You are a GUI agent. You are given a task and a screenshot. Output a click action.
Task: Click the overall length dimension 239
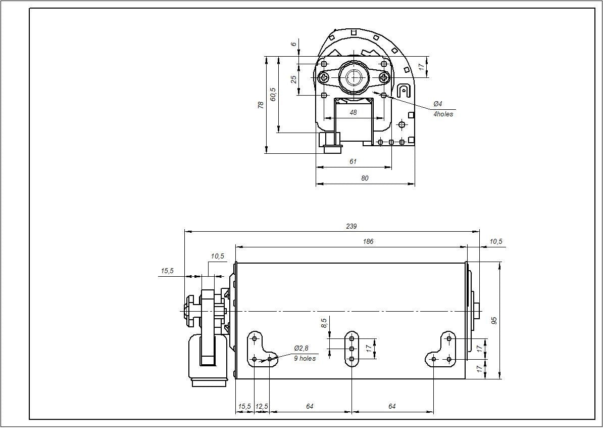pos(351,226)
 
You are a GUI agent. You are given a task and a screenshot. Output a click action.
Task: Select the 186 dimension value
pos(368,242)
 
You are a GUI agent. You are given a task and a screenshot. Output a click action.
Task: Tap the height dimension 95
pos(494,320)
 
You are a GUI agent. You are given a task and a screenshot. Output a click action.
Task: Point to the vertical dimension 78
pos(261,105)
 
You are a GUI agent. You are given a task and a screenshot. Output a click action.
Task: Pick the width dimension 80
pos(365,178)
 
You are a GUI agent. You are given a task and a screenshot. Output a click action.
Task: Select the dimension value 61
pos(353,162)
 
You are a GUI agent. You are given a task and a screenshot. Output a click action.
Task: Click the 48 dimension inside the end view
pos(353,113)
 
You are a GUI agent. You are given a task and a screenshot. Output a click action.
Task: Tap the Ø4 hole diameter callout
pos(437,104)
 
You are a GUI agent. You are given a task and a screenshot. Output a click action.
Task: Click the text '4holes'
pos(443,114)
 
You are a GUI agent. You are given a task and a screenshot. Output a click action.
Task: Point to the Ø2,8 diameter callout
pos(301,349)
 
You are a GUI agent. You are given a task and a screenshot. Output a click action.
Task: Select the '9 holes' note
pos(305,359)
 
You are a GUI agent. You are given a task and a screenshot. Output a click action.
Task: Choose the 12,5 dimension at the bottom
pos(262,407)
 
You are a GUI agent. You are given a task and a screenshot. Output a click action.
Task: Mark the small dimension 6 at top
pos(294,44)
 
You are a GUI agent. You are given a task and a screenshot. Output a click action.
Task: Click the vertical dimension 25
pos(293,79)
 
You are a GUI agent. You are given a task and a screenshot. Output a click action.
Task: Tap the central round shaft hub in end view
pos(354,77)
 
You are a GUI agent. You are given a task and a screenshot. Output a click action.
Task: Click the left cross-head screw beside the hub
pos(324,77)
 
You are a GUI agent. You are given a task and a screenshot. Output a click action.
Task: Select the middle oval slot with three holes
pos(351,349)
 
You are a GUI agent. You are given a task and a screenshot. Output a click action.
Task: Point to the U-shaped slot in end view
pos(404,91)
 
